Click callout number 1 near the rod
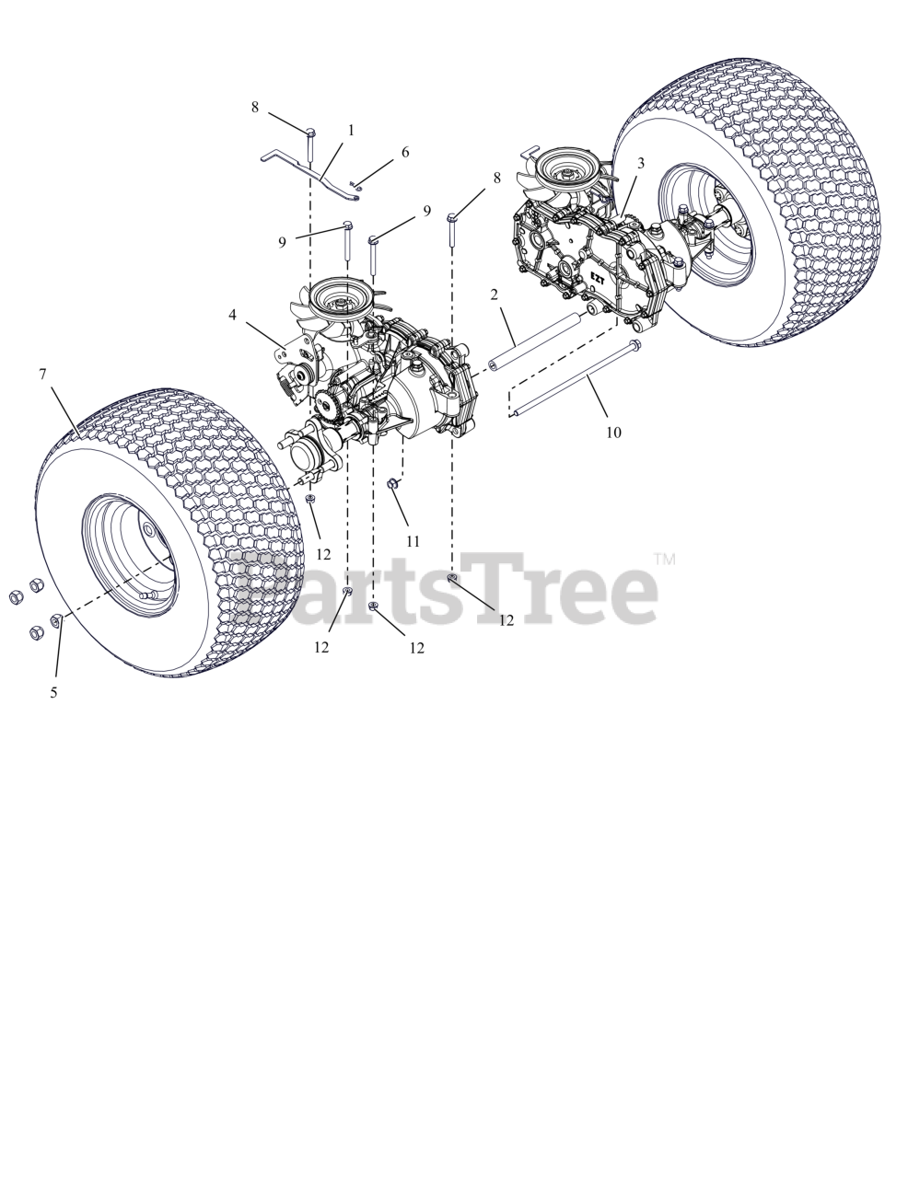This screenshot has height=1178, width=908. coord(351,132)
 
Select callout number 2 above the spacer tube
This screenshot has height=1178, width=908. coord(495,294)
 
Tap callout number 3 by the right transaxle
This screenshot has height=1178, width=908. coord(641,162)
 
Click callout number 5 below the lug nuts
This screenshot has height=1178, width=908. coord(53,692)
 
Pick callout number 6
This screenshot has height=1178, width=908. coord(405,152)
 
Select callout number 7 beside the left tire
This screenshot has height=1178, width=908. coord(42,374)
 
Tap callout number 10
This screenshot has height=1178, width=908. coord(613,431)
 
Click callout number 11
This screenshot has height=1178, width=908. coord(412,541)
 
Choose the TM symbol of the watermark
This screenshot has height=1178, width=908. coord(665,559)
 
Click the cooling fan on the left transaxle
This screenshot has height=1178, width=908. coord(333,303)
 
